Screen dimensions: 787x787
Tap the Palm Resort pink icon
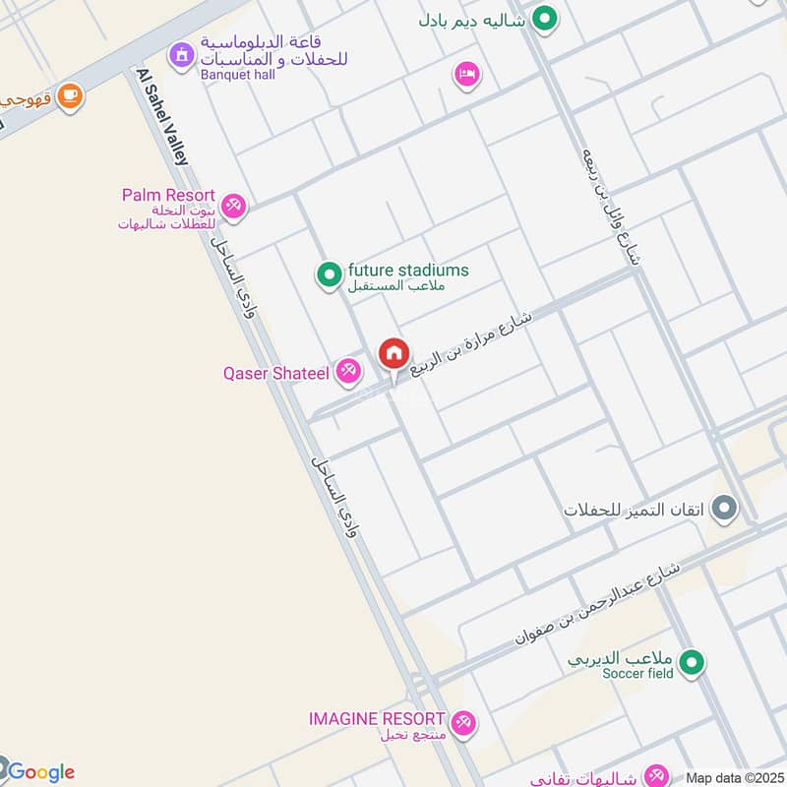233,206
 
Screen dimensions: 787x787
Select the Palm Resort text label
168,195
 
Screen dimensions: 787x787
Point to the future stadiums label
407,271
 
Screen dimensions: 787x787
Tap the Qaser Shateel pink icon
346,371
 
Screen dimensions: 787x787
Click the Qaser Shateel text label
276,374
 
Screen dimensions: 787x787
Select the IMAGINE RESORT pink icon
462,723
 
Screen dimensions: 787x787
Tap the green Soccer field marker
692,662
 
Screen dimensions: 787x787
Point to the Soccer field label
637,674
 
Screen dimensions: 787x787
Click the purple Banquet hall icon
181,55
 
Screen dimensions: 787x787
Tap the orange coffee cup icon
69,95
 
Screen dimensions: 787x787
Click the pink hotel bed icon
466,74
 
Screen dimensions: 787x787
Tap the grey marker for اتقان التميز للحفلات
724,509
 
